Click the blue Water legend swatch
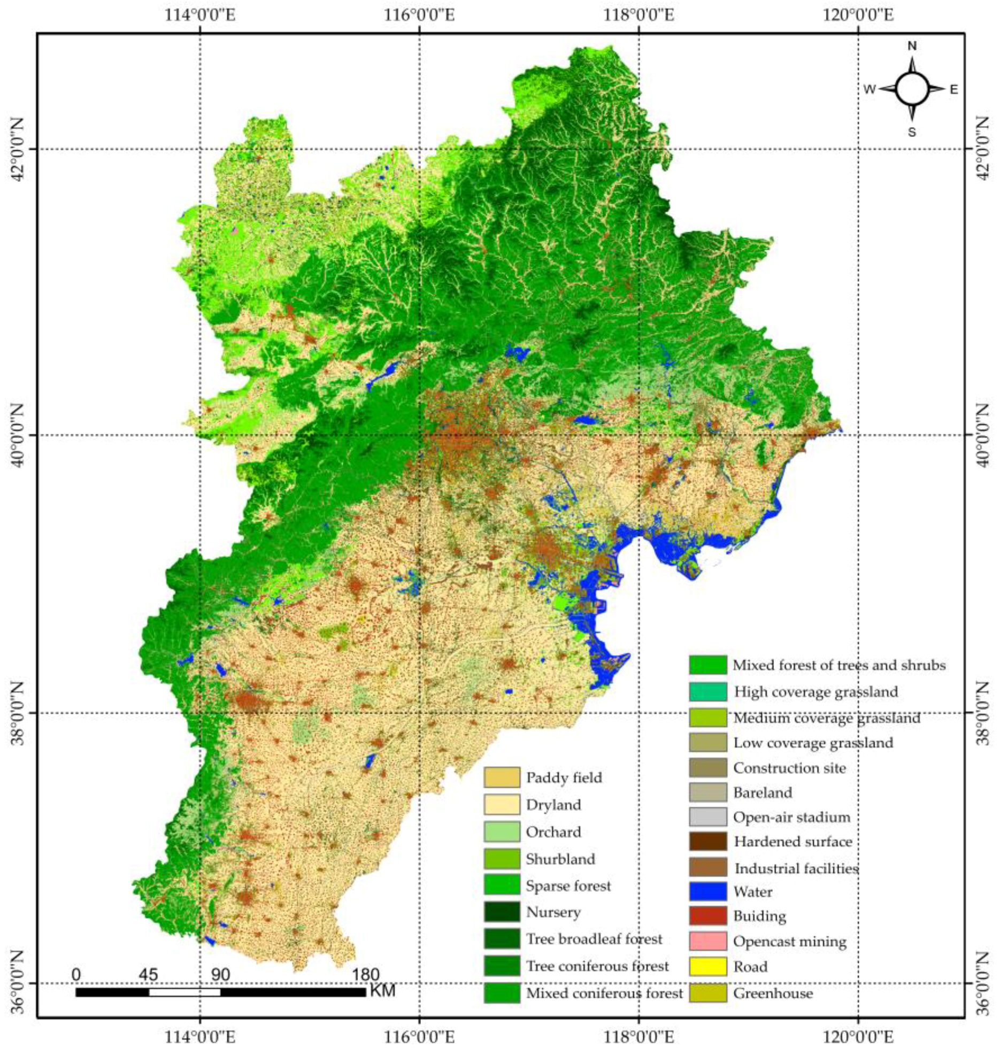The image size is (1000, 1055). click(707, 891)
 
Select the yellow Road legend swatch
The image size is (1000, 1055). click(707, 966)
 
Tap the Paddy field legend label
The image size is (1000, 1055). click(564, 777)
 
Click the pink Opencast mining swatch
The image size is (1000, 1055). click(707, 941)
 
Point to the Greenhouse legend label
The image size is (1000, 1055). click(773, 994)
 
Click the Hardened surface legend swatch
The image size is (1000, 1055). click(707, 841)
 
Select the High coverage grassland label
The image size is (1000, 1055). click(816, 691)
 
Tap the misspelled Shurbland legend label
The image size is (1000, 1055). click(560, 859)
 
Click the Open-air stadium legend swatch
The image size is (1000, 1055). click(707, 817)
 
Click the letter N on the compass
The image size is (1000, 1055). click(912, 46)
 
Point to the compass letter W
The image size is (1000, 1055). click(869, 90)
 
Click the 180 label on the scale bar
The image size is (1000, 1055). click(366, 974)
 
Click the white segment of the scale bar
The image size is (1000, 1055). click(184, 992)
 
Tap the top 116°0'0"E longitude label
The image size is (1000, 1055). click(420, 15)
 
